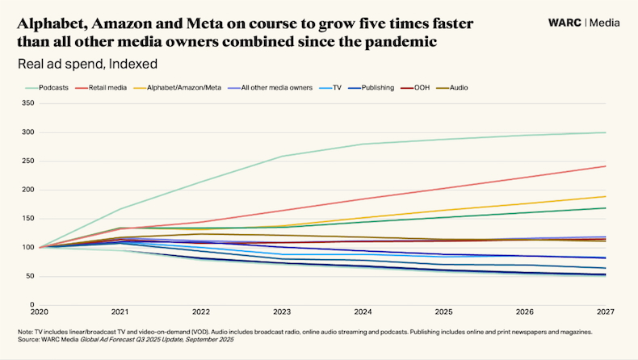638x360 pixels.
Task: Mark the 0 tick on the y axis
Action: coord(31,305)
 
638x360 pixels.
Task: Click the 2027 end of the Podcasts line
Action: coord(605,132)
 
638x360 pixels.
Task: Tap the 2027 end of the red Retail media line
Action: coord(605,166)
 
